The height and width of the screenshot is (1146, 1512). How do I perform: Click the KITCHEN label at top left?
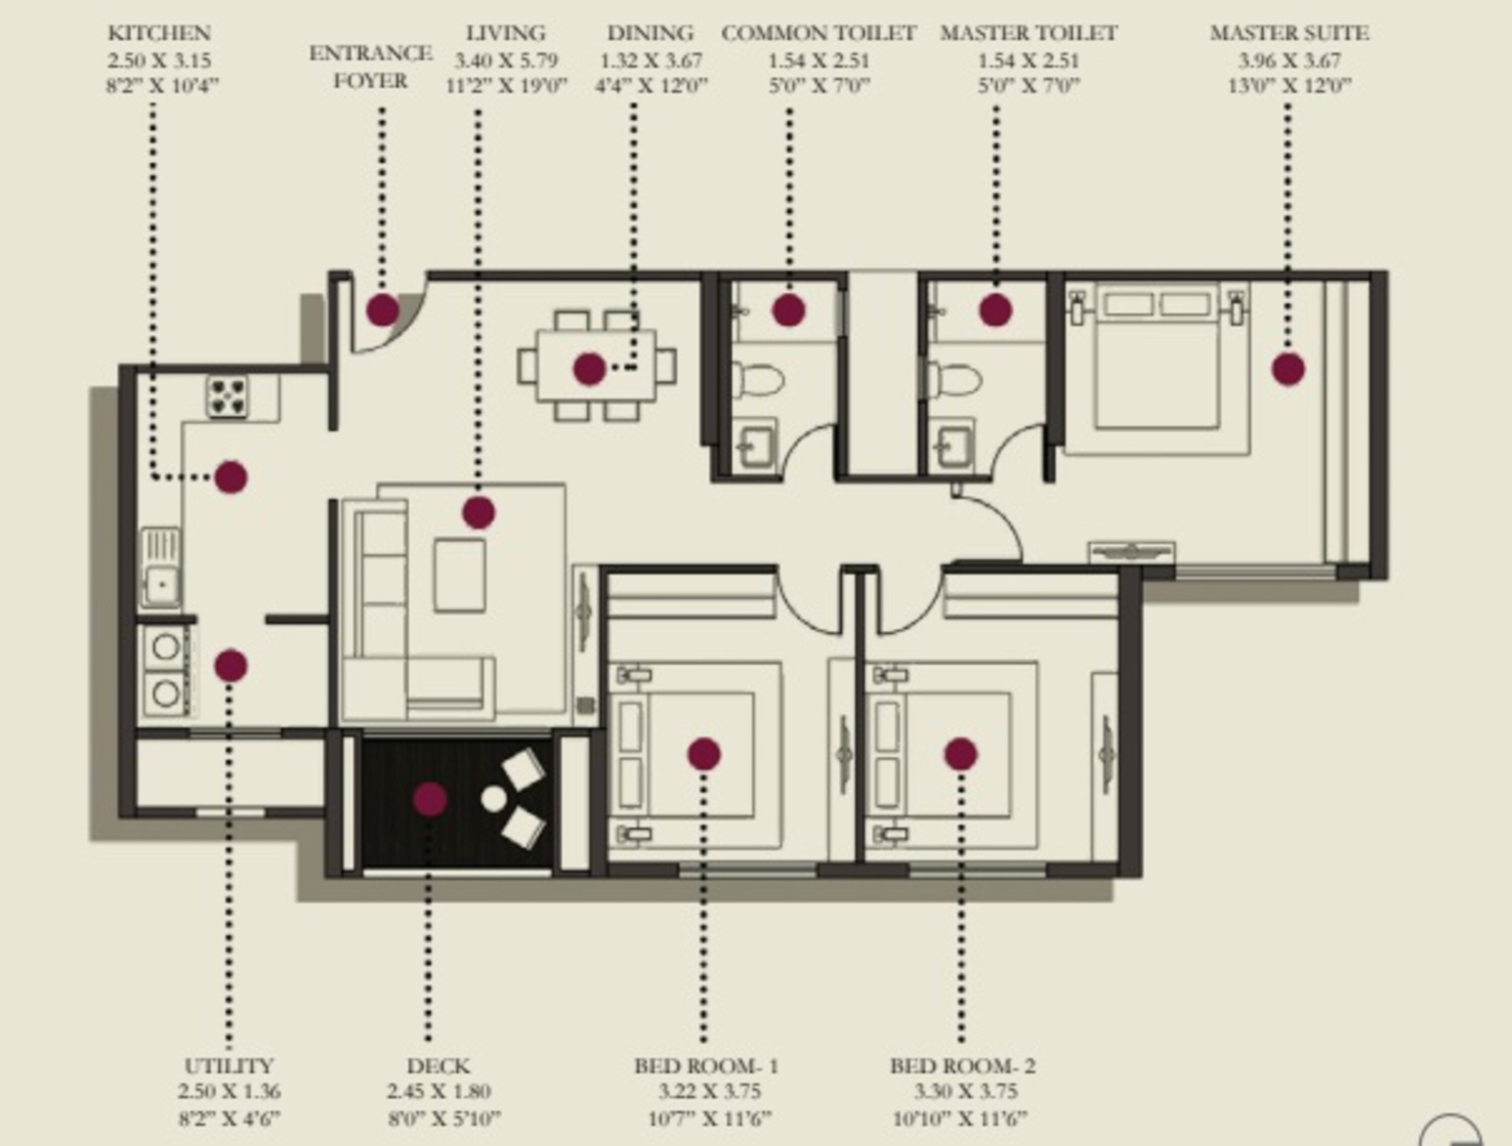click(159, 33)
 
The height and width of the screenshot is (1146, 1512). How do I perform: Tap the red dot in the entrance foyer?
click(382, 309)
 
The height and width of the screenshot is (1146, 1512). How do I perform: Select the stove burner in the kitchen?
click(228, 396)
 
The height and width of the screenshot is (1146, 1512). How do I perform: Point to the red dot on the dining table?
click(589, 369)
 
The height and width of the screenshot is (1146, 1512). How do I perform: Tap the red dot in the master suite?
click(1288, 369)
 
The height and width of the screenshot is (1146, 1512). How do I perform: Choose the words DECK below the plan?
click(438, 1066)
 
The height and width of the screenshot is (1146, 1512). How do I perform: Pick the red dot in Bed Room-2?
click(961, 754)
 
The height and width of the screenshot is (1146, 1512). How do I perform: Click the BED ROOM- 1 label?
click(706, 1066)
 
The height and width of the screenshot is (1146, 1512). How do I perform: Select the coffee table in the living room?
click(459, 575)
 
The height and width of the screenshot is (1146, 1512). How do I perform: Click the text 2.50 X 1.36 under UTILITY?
click(229, 1092)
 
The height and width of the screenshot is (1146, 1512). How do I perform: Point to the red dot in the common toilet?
click(788, 309)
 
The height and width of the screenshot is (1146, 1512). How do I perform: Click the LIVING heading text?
click(506, 33)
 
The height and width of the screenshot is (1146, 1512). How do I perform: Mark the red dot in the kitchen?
click(230, 477)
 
